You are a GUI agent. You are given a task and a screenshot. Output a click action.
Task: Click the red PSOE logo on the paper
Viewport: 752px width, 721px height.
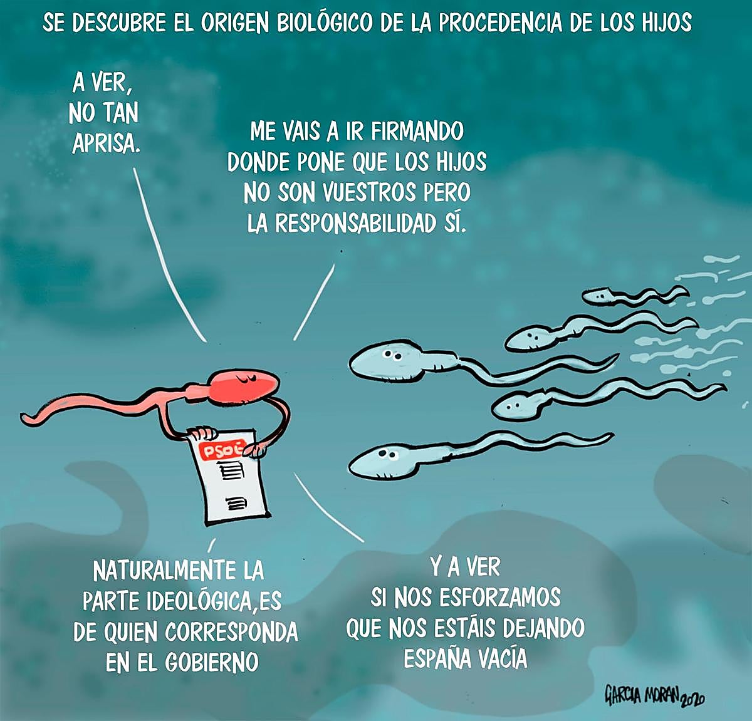pyautogui.click(x=223, y=450)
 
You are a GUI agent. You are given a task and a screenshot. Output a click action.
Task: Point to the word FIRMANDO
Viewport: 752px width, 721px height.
pyautogui.click(x=417, y=132)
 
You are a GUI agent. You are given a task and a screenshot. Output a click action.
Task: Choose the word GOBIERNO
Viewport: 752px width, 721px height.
pyautogui.click(x=212, y=663)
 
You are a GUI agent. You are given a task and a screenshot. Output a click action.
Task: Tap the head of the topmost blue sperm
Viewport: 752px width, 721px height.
pyautogui.click(x=598, y=296)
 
